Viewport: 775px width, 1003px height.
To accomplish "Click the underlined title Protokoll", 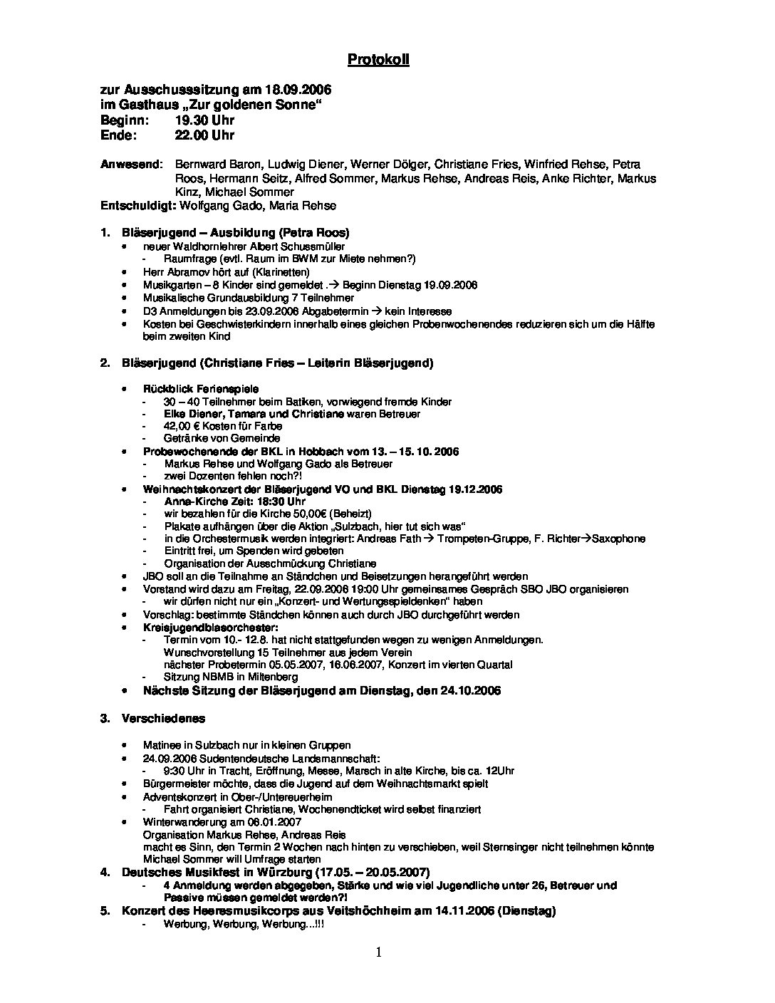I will (378, 60).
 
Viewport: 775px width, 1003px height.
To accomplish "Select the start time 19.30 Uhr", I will (204, 120).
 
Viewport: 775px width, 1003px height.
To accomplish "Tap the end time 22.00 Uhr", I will (204, 135).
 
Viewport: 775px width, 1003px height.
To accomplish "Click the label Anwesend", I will (130, 164).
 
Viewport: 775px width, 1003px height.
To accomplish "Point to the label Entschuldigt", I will (138, 206).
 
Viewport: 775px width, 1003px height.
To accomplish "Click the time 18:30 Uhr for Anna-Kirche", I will (249, 501).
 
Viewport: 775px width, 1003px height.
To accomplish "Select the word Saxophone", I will (614, 539).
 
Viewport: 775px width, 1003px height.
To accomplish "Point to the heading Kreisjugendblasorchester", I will (210, 628).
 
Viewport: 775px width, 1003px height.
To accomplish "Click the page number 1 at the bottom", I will (378, 952).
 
